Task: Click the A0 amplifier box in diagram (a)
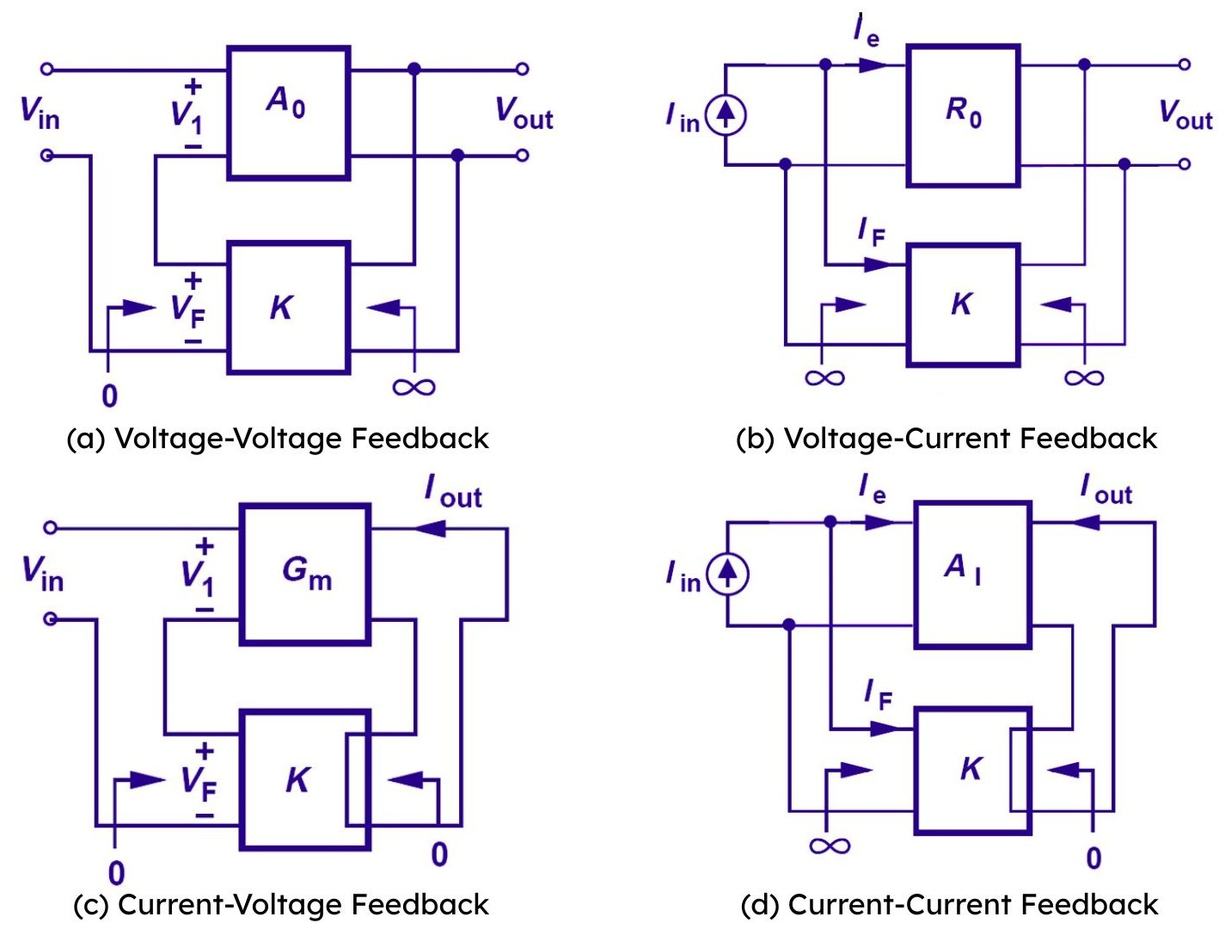click(x=288, y=112)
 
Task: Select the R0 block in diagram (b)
click(x=963, y=115)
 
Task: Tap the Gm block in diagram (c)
click(x=305, y=573)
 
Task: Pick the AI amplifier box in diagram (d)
click(x=971, y=573)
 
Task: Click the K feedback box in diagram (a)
click(x=288, y=307)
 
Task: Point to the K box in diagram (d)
click(x=971, y=770)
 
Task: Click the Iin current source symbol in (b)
click(x=726, y=114)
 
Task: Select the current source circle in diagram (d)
click(x=727, y=573)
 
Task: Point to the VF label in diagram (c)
click(x=199, y=782)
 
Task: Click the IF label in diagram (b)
click(x=871, y=231)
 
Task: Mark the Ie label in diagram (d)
click(x=872, y=489)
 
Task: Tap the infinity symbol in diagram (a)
click(x=413, y=387)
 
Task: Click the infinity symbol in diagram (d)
click(x=830, y=846)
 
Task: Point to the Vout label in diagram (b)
click(x=1185, y=114)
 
